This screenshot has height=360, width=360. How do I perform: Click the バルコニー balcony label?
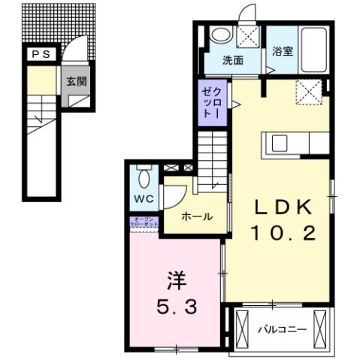[x=282, y=328]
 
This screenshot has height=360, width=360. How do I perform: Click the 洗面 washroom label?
[x=232, y=61]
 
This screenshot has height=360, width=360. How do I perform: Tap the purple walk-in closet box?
[x=210, y=102]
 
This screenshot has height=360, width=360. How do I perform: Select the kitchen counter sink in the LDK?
[x=280, y=143]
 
